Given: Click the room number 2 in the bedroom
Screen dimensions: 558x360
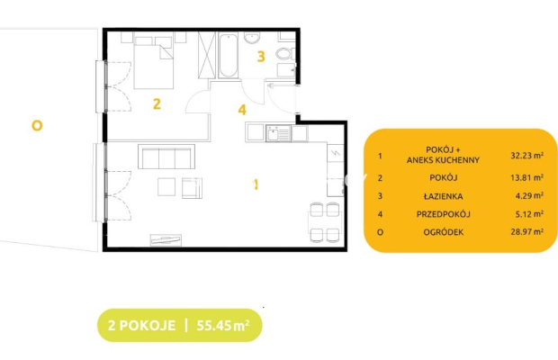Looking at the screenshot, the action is pos(157,103).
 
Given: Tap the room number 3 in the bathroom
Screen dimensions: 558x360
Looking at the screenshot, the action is pos(261,57).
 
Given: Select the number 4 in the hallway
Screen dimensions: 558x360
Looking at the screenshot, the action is pos(242,110).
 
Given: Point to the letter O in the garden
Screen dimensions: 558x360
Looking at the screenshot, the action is pos(37,126).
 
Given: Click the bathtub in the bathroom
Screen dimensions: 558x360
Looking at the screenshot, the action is pos(228,55).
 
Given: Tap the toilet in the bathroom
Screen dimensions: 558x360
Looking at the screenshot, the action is pos(284,54).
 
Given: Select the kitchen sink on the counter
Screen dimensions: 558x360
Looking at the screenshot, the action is pos(278,134).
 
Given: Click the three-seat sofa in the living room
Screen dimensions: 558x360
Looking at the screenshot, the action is pos(166,157).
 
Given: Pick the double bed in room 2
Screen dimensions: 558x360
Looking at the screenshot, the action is pos(154,63).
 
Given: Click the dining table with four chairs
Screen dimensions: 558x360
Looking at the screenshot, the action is pos(325,222).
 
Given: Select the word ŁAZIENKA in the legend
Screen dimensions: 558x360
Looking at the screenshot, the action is pos(444,196).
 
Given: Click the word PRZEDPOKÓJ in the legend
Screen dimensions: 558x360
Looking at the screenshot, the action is pos(444,214).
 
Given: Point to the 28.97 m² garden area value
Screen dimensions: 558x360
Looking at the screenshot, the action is pos(526,232).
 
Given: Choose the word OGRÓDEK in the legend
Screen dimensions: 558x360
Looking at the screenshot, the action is pos(444,232).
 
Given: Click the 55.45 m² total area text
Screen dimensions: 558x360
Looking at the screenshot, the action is pos(223,325).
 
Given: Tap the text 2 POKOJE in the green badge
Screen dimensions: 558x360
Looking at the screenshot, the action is pos(141,326).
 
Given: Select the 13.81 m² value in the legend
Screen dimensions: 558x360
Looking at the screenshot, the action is pos(526,177).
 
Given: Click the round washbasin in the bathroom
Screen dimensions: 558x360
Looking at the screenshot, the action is pos(252,38).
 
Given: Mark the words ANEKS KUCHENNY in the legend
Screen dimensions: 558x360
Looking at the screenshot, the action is pos(444,160).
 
